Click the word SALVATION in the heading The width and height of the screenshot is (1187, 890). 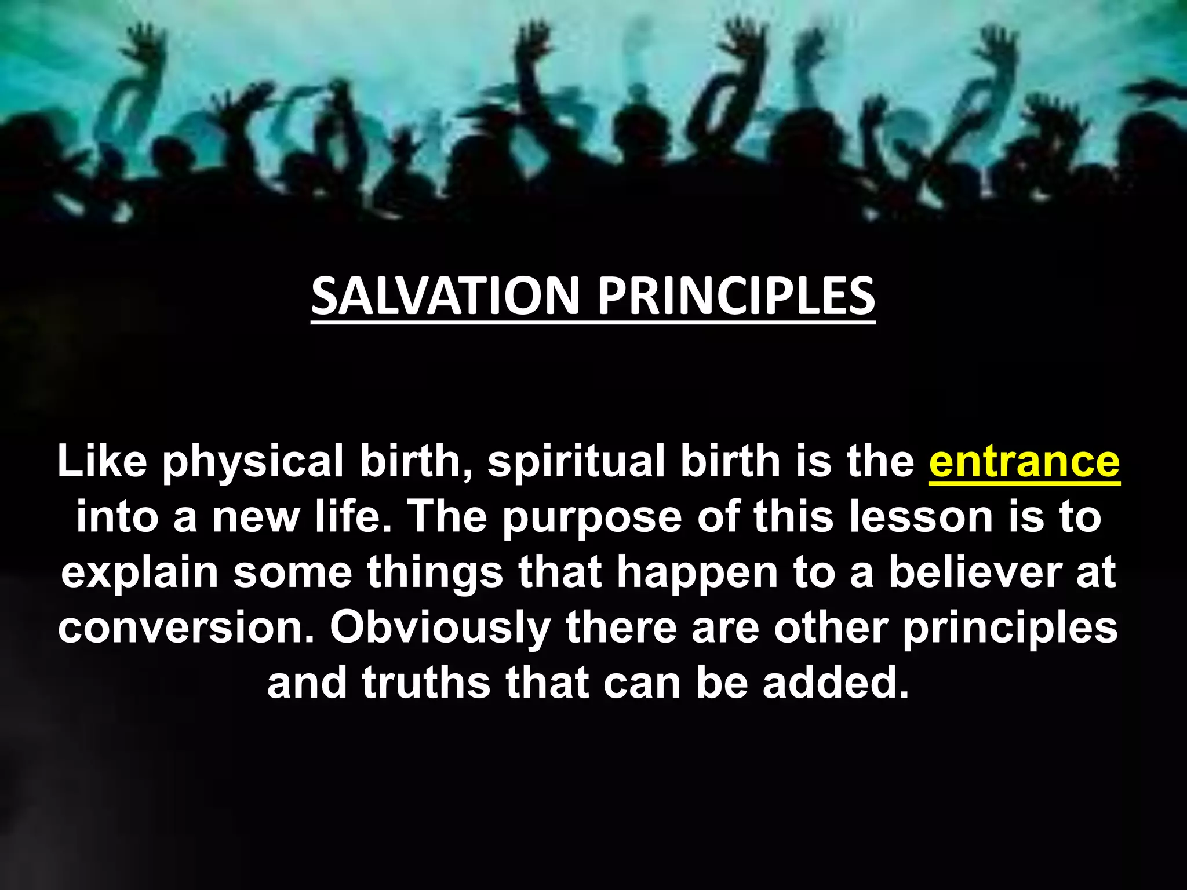click(x=445, y=296)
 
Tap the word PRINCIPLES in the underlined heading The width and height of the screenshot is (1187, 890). click(x=735, y=296)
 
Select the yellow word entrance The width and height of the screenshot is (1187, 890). click(x=1024, y=462)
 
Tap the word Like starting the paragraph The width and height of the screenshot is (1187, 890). click(x=102, y=462)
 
